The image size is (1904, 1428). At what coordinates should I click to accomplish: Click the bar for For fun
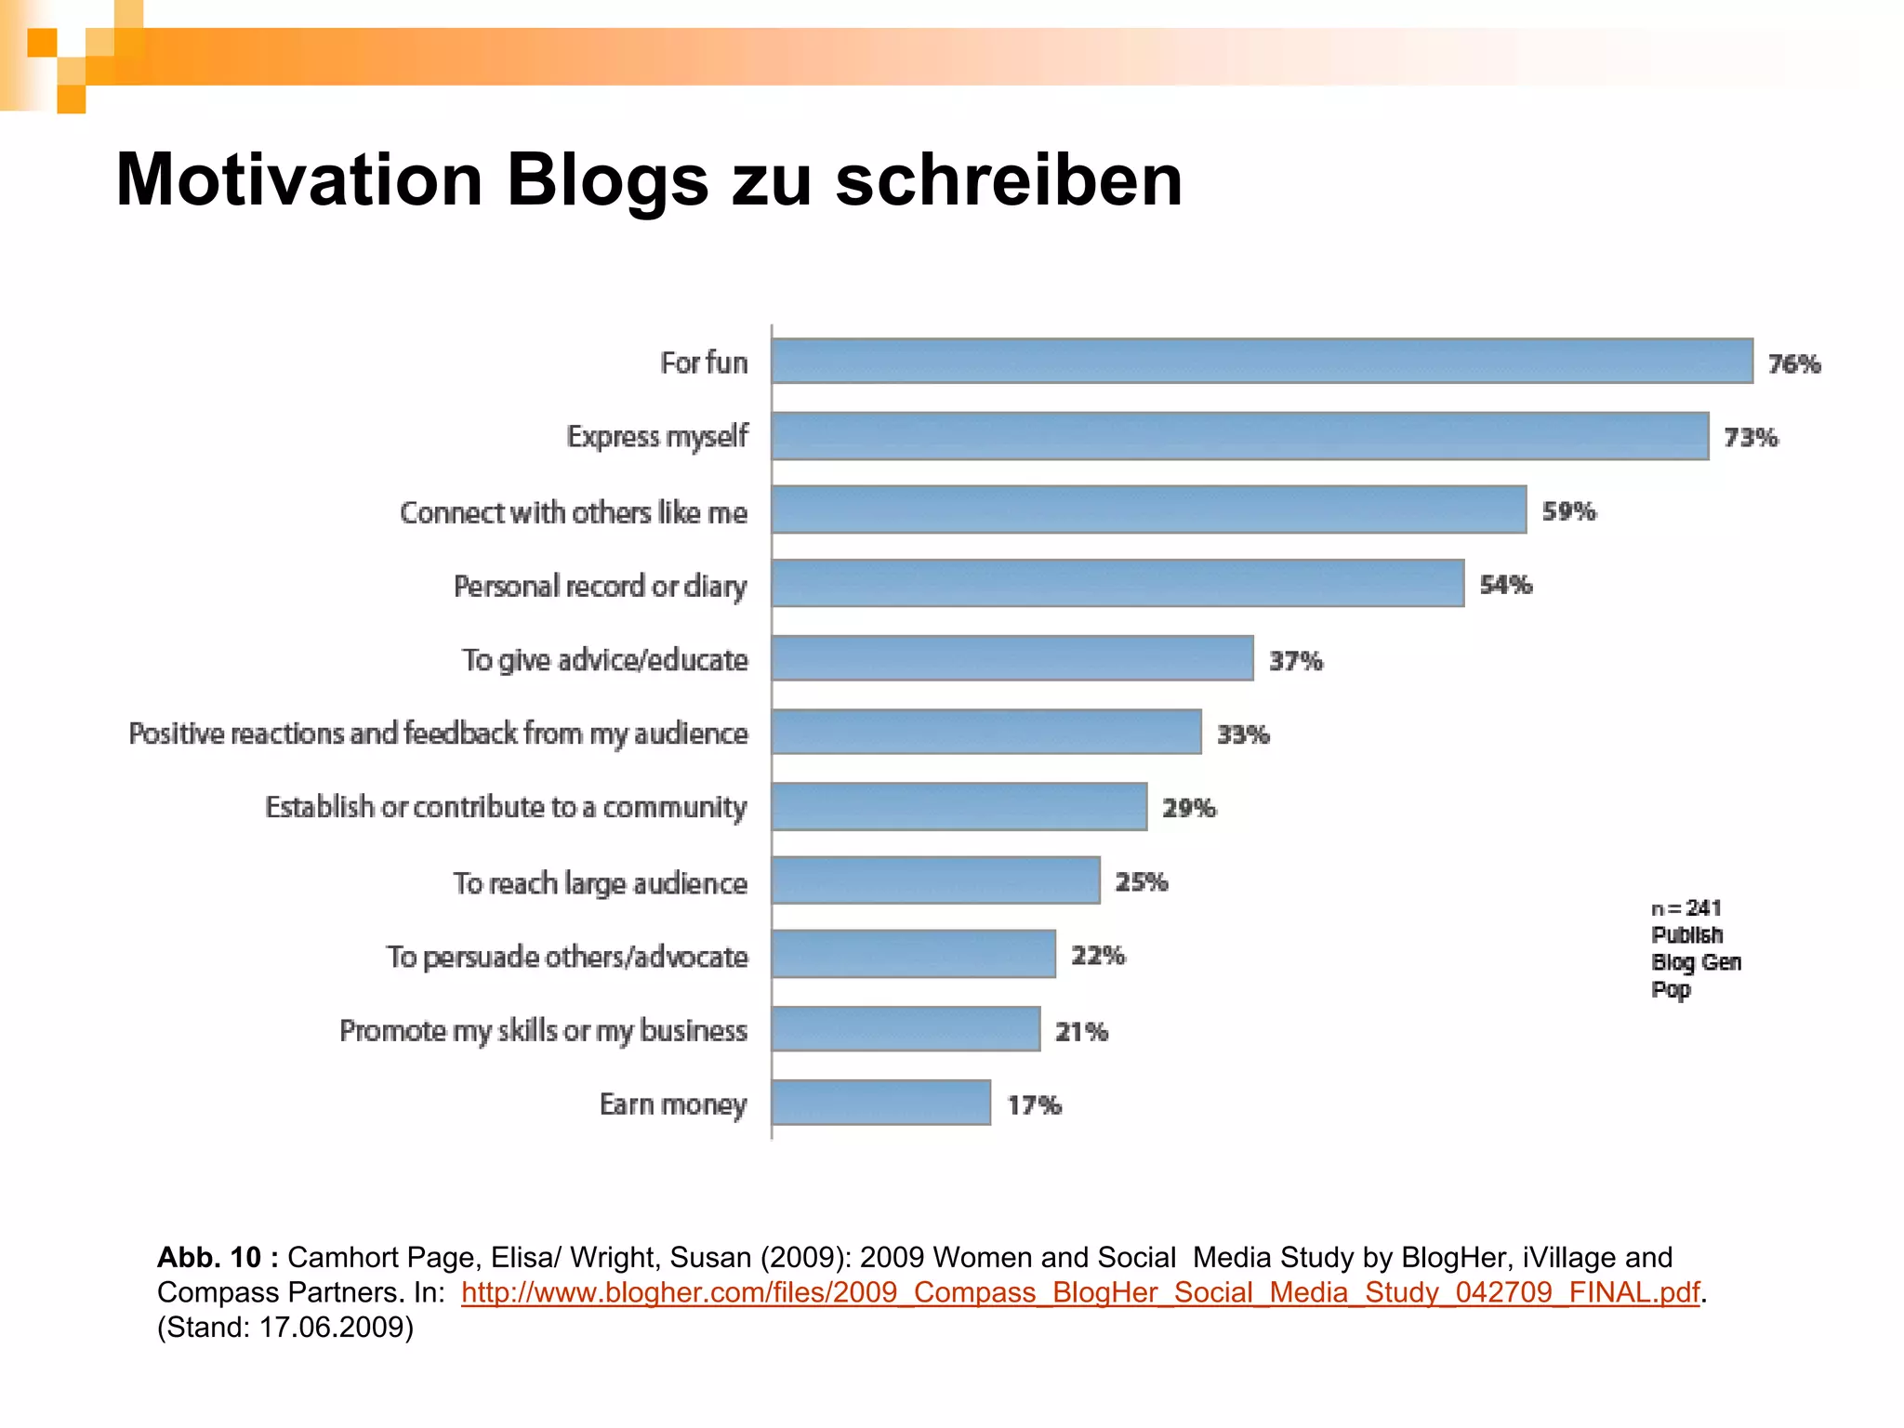tap(1262, 361)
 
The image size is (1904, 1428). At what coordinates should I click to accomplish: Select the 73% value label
tap(1751, 437)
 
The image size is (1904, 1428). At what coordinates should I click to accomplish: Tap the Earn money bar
tap(880, 1103)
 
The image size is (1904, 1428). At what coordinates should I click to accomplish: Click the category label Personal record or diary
tap(600, 587)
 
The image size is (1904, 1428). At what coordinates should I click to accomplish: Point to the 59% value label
tap(1568, 510)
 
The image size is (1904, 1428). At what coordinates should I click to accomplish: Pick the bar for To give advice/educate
tap(1011, 658)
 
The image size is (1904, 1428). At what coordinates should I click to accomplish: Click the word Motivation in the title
tap(298, 179)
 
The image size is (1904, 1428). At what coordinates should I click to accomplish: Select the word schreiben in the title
tap(1009, 179)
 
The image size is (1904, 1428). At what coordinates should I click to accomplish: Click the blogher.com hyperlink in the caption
tap(1079, 1292)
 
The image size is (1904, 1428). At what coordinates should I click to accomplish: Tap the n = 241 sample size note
tap(1686, 907)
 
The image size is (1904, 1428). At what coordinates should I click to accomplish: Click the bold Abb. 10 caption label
tap(218, 1257)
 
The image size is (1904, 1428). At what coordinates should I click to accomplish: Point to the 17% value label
tap(1034, 1104)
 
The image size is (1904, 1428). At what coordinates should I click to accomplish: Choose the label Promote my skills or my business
tap(543, 1031)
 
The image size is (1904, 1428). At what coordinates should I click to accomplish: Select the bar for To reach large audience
tap(935, 880)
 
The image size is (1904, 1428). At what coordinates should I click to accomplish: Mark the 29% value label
tap(1188, 808)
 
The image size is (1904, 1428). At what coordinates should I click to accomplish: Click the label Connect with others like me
tap(573, 512)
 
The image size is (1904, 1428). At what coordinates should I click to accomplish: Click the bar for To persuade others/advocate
tap(913, 954)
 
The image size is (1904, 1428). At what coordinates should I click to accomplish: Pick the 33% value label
tap(1242, 734)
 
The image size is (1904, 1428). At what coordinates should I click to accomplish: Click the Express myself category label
tap(656, 436)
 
